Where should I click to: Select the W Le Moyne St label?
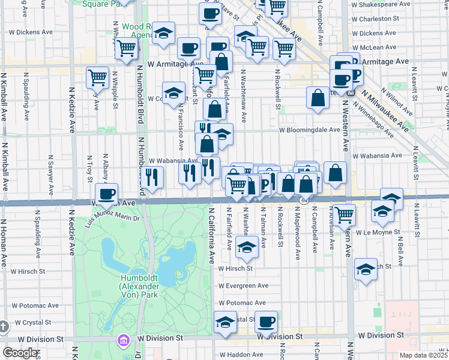[x=378, y=232]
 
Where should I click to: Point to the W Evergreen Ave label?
[x=242, y=286]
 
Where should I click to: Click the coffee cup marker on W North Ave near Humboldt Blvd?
[x=107, y=194]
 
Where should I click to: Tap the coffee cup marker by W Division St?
[x=267, y=321]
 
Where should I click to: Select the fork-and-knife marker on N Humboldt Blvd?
[x=152, y=176]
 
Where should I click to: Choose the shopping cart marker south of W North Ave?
[x=345, y=214]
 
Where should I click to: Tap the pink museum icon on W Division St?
[x=124, y=340]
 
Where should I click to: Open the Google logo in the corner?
[x=20, y=353]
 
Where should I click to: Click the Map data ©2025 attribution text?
[x=424, y=355]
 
